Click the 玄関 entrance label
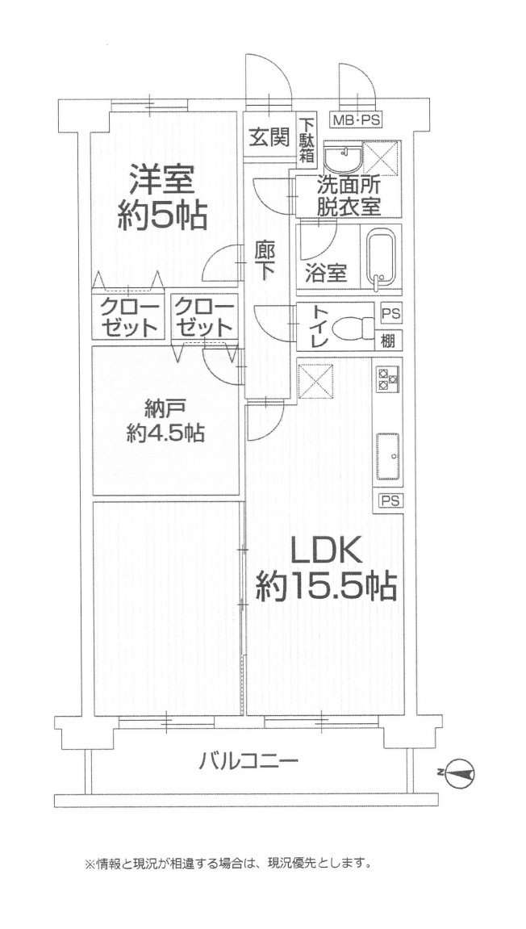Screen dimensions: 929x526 (x=267, y=136)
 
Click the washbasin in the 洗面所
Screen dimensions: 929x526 (x=341, y=157)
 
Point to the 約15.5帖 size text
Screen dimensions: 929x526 (x=326, y=587)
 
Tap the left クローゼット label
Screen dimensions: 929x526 (x=129, y=316)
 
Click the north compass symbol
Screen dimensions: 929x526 (x=459, y=772)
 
